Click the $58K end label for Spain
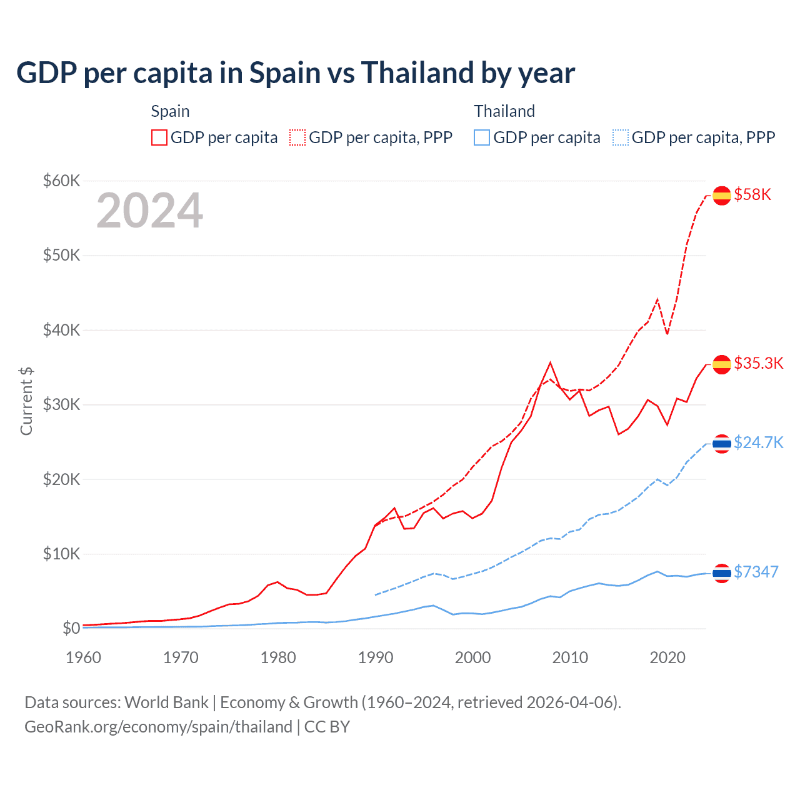click(x=752, y=194)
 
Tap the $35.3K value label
click(x=758, y=363)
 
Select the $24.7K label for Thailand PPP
click(x=758, y=442)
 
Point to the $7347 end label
click(x=756, y=572)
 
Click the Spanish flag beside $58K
click(x=722, y=195)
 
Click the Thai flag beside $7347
click(x=722, y=573)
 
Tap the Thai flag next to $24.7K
click(x=722, y=444)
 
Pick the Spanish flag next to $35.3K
click(x=722, y=364)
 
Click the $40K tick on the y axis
click(x=61, y=330)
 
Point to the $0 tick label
click(x=71, y=628)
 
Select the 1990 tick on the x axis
click(x=376, y=657)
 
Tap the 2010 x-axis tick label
click(x=570, y=657)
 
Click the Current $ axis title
click(x=26, y=401)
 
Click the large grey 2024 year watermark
click(x=149, y=211)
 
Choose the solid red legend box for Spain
click(x=159, y=137)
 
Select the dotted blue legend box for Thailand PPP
click(x=621, y=137)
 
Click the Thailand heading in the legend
click(x=504, y=111)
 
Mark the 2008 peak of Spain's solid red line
click(x=550, y=362)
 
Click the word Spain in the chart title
click(x=284, y=72)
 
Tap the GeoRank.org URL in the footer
click(x=158, y=727)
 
